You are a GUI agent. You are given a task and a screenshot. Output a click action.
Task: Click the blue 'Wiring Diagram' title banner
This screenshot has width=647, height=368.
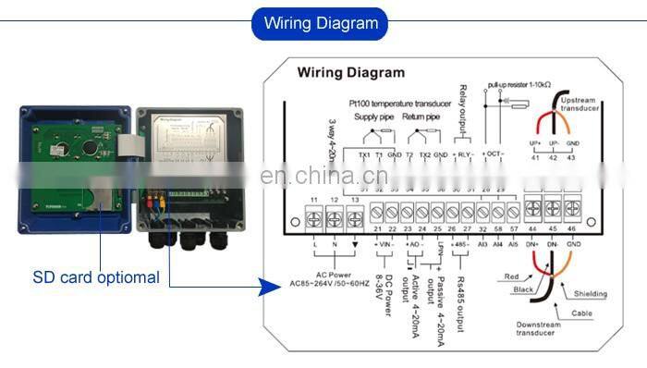click(321, 23)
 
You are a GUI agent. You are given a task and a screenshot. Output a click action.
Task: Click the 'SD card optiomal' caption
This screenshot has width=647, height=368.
click(96, 276)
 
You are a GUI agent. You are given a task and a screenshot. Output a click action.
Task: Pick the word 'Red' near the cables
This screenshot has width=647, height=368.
click(513, 276)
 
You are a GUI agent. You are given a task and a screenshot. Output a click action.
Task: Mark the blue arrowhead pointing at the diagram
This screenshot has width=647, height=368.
click(269, 288)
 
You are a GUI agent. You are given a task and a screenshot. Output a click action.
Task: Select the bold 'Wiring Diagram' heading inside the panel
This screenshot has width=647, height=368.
click(350, 71)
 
